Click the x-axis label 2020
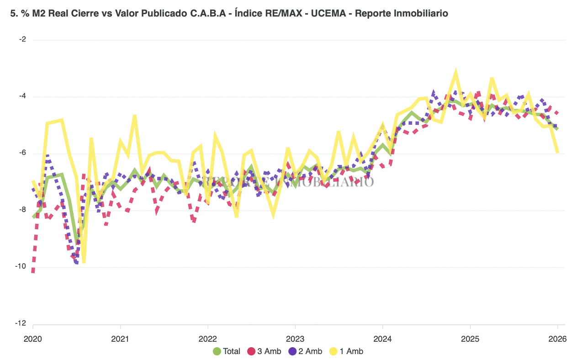click(x=33, y=339)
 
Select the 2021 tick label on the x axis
click(x=120, y=339)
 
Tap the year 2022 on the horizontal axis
click(x=207, y=339)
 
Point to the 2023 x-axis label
click(x=295, y=339)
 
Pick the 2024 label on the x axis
click(x=382, y=339)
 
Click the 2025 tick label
click(x=470, y=339)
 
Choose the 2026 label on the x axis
click(x=557, y=339)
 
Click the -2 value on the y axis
click(x=22, y=40)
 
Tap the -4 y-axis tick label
click(x=22, y=96)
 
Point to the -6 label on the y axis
click(x=22, y=153)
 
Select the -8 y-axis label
click(x=22, y=210)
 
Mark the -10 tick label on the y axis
click(x=21, y=267)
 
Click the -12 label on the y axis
click(x=21, y=323)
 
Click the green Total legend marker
click(x=217, y=351)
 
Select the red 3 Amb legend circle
click(x=251, y=351)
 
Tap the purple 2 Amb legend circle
click(x=292, y=351)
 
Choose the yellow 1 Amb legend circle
click(x=334, y=351)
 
